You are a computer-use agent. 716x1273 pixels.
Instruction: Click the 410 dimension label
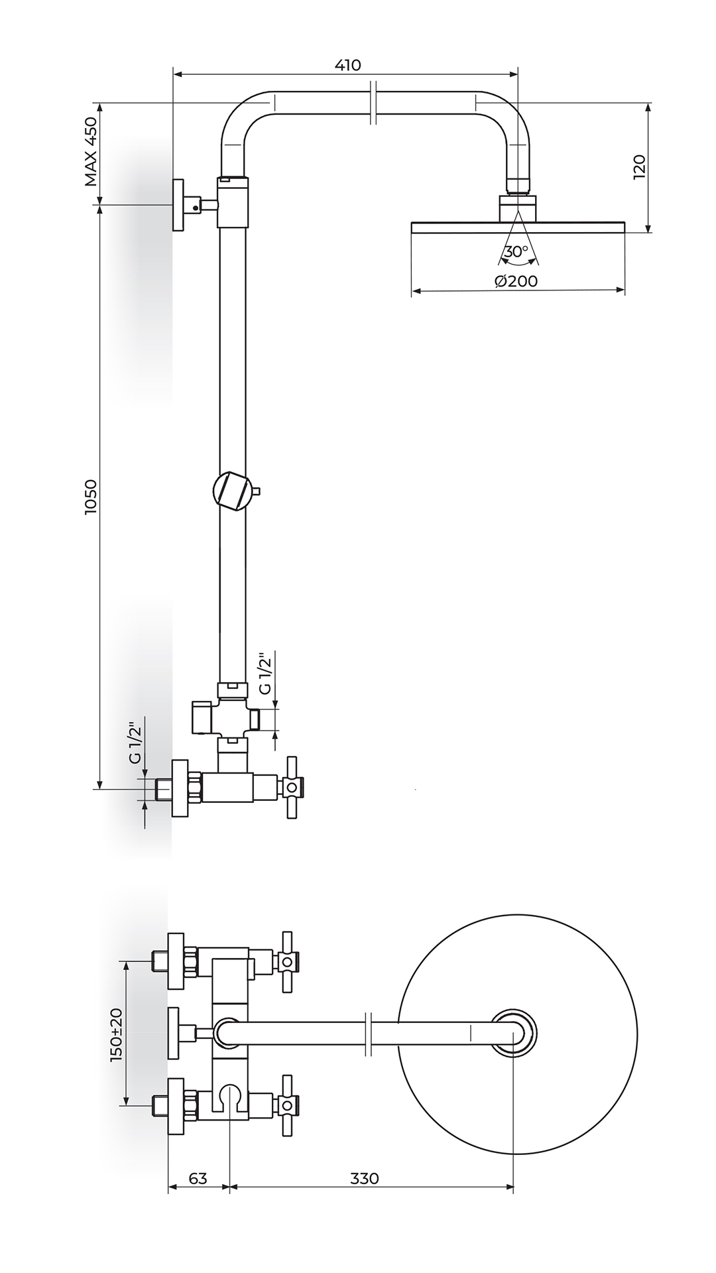pos(347,65)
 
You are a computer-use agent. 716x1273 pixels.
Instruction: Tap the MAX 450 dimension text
pos(91,152)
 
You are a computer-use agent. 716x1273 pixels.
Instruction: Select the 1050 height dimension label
pos(91,497)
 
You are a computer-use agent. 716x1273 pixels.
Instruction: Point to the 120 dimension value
pos(638,167)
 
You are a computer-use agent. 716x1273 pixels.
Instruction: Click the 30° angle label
pos(516,251)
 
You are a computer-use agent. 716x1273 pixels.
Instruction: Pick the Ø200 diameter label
pos(516,280)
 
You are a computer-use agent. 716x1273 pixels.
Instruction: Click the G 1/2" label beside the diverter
pos(265,674)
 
